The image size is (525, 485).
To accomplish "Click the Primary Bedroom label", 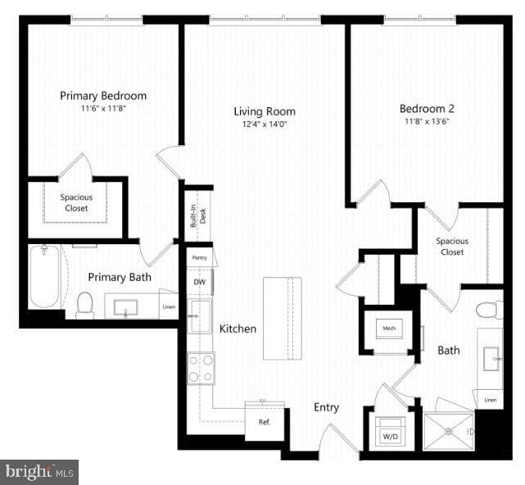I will pos(103,96).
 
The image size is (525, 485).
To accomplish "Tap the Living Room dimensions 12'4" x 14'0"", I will pos(264,125).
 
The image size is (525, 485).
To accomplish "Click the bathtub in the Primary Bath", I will pos(46,277).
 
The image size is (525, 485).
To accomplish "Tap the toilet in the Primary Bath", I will pos(85,304).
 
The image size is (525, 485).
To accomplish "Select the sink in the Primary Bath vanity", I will pos(126,307).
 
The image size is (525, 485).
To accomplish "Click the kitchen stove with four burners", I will pos(201,368).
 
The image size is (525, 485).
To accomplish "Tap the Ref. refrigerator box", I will pos(265,423).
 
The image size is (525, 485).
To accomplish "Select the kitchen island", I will pos(283,318).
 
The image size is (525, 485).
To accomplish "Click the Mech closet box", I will pos(388,330).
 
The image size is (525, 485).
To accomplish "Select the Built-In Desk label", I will pos(198,217).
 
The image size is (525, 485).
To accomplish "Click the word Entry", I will pos(326,407).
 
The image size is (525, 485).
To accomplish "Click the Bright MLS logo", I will pos(39,471).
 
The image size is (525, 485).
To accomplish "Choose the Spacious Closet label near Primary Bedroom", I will pos(75,202).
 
